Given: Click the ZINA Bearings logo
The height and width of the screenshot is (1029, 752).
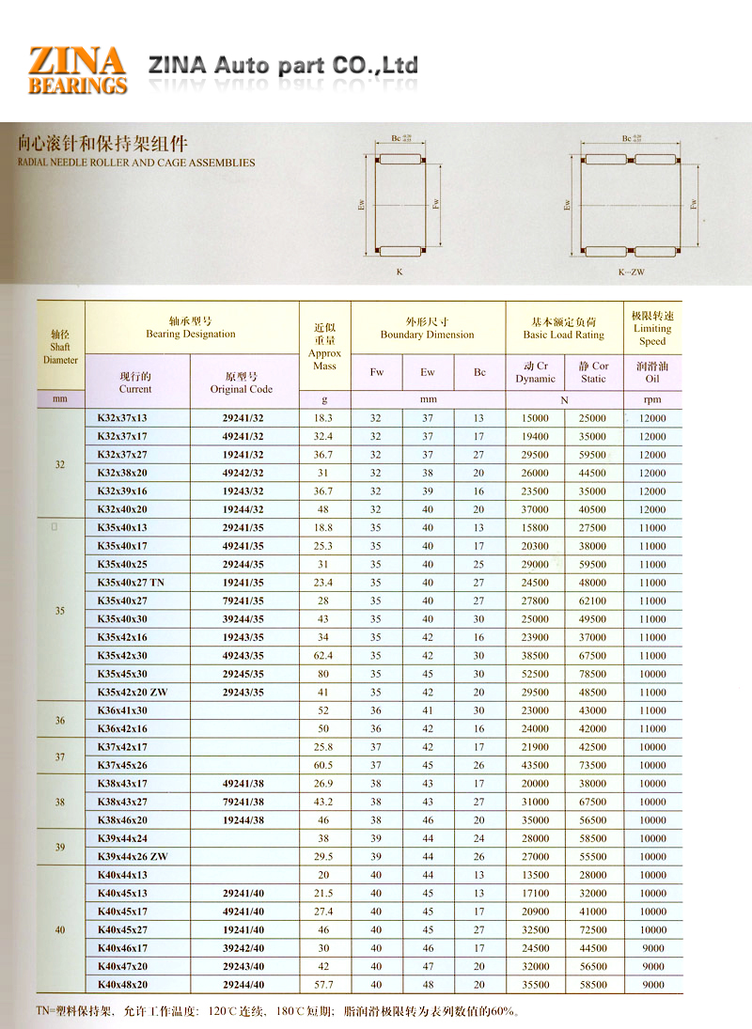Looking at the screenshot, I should point(77,70).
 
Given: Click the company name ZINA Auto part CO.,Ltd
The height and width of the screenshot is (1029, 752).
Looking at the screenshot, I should point(283,66).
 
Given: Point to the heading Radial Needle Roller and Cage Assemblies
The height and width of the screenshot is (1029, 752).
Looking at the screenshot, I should point(136,162).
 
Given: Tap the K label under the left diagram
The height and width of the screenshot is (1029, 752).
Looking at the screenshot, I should point(399,272).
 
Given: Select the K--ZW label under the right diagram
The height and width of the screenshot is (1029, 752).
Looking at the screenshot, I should point(631,273).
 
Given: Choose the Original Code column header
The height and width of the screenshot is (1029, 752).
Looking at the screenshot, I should point(242,382).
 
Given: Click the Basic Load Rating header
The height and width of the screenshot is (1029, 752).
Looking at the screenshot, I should point(564,328).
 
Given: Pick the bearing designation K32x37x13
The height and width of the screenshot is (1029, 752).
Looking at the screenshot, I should point(122,418).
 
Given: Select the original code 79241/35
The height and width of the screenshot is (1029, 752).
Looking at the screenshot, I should point(243,600).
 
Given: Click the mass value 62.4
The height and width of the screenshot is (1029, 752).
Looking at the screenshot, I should point(324,656).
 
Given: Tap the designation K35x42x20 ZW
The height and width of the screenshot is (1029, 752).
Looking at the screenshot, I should point(131,693).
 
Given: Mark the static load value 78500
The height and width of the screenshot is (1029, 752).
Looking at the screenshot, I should point(593,674).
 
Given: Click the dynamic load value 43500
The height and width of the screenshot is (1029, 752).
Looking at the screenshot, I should point(535,766).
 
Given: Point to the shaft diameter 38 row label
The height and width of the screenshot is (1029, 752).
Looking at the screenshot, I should point(60,802).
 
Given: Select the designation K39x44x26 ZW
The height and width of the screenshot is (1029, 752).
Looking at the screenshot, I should point(131,857).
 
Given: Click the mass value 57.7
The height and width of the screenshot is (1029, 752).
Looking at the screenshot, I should point(324,985).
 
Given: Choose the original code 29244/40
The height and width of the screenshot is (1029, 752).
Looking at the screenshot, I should point(243,985).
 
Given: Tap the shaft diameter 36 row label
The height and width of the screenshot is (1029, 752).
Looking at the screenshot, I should point(60,720).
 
